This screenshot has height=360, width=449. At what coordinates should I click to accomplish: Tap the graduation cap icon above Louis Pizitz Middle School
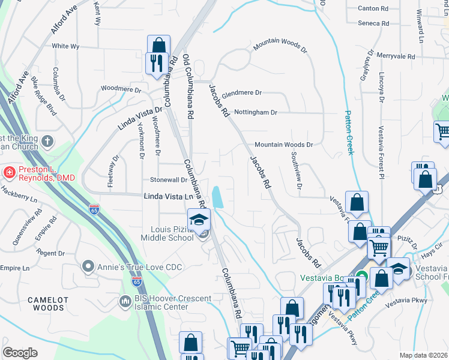point(199,220)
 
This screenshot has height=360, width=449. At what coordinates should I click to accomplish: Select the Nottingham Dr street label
point(255,112)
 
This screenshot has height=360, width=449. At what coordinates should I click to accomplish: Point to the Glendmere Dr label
point(242,94)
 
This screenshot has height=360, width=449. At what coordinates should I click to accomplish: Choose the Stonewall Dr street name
point(169,179)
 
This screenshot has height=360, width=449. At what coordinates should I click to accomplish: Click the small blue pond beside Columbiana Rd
point(217,197)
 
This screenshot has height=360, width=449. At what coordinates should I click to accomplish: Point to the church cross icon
point(47,142)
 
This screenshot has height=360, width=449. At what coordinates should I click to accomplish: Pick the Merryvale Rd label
point(396,56)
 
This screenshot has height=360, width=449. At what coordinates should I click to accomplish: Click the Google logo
point(20,353)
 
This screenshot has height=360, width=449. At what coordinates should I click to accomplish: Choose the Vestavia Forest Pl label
point(380,153)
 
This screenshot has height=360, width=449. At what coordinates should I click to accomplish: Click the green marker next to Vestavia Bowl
point(361,277)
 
